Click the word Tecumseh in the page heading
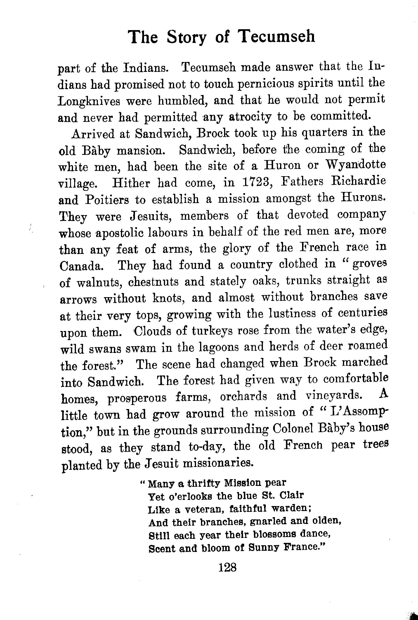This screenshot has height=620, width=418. click(276, 37)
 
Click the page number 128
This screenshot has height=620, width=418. click(227, 574)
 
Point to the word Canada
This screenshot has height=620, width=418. click(81, 266)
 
